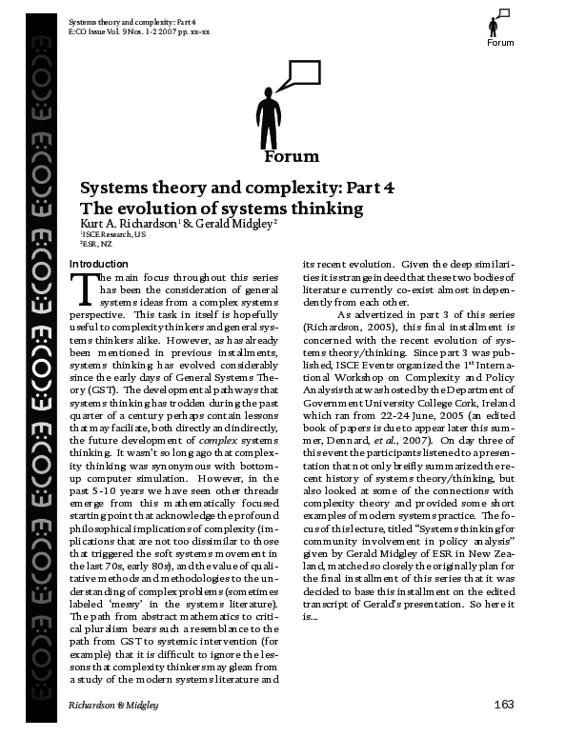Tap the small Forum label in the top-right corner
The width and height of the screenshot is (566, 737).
click(x=500, y=43)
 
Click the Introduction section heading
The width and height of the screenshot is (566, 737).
click(x=99, y=263)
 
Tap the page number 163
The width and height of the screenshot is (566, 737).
click(x=504, y=704)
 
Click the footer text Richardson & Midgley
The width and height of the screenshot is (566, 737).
click(x=113, y=705)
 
